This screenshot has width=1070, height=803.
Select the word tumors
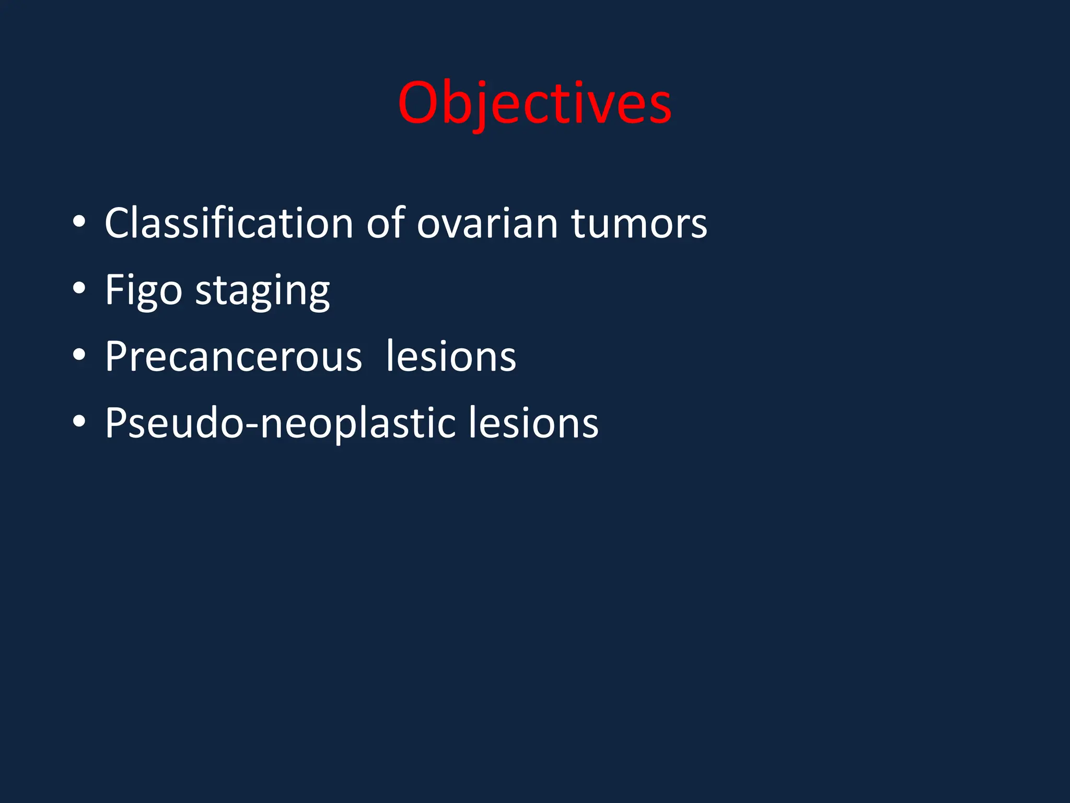pos(639,223)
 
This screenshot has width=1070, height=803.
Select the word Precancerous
pos(234,357)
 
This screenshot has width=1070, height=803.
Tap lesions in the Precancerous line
pos(451,357)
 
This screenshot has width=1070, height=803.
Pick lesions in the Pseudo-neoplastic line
pos(533,423)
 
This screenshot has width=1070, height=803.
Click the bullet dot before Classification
pos(79,222)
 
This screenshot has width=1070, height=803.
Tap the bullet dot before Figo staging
pos(79,288)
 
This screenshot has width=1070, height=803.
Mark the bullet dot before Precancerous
pos(79,355)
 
